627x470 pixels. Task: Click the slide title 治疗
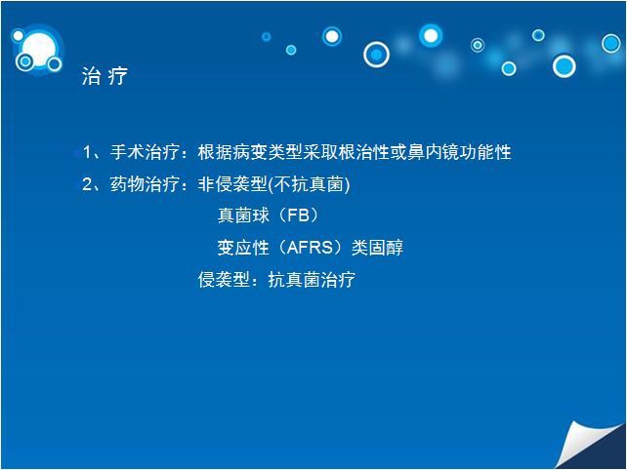(x=104, y=76)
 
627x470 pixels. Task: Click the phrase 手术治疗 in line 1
(x=145, y=152)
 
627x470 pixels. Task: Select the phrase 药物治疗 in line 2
(x=145, y=184)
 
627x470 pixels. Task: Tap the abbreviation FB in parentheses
(x=298, y=215)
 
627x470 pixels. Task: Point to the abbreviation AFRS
(x=310, y=248)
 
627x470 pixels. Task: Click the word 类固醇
(x=377, y=248)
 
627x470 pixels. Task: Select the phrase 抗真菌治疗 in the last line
(x=312, y=280)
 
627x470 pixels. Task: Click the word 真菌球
(x=243, y=215)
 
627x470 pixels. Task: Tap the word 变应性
(x=243, y=248)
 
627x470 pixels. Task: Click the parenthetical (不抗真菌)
(x=309, y=184)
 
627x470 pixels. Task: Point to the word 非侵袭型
(x=232, y=184)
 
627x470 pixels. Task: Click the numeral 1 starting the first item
(x=87, y=152)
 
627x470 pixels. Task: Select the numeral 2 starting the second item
(x=87, y=184)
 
